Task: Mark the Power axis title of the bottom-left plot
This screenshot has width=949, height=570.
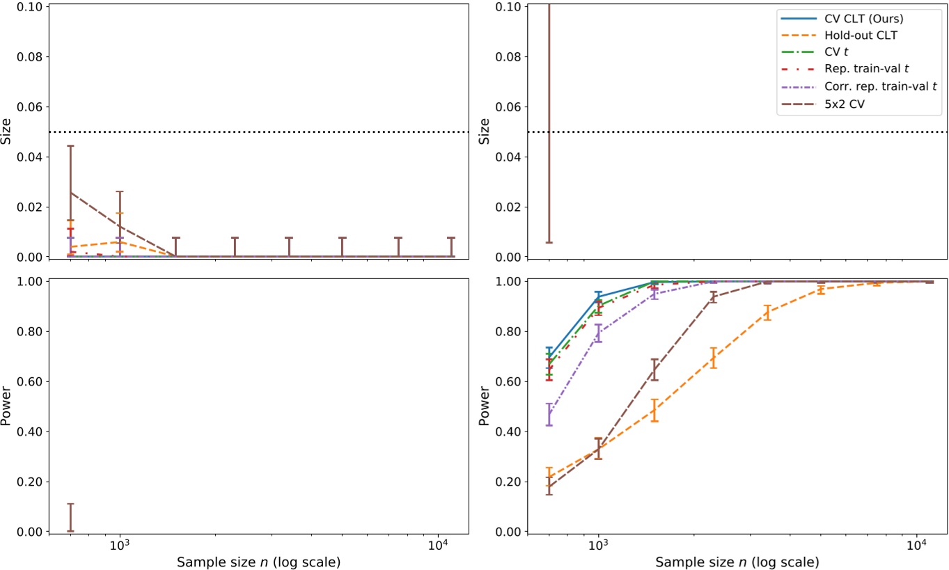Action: [7, 406]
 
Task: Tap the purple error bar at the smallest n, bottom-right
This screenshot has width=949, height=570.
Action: [549, 414]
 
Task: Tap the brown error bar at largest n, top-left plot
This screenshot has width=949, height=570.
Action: [451, 246]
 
